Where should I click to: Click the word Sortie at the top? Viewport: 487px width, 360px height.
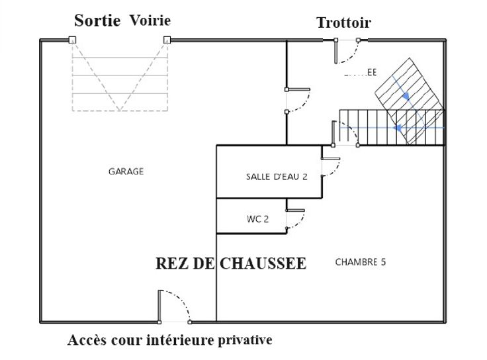[97, 21]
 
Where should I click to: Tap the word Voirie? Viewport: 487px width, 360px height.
[150, 21]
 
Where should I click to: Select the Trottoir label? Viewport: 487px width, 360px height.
[343, 22]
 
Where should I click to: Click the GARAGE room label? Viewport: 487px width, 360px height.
[126, 171]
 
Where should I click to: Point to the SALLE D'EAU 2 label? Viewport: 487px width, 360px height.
[277, 177]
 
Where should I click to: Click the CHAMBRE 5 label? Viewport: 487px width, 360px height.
[361, 262]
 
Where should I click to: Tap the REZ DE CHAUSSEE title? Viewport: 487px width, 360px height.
[231, 263]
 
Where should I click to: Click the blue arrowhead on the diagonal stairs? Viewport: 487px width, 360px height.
[406, 97]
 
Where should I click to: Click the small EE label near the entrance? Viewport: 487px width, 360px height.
[372, 73]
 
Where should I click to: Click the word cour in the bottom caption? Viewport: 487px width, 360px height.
[130, 340]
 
